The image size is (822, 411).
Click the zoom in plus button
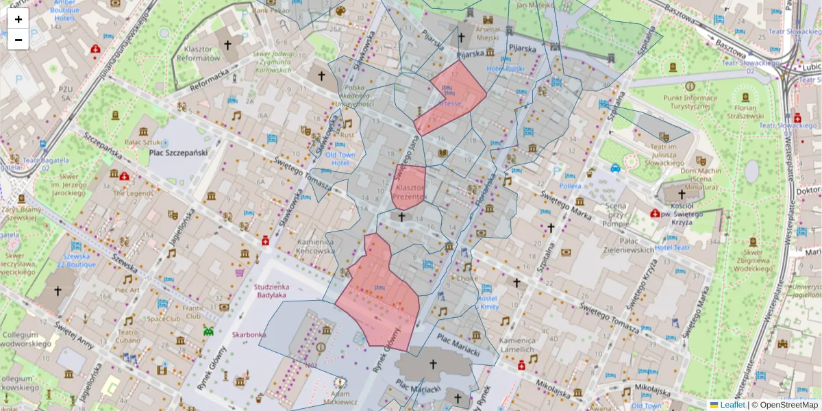(18, 19)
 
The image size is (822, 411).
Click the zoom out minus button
(18, 40)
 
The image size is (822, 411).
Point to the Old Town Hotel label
(340, 159)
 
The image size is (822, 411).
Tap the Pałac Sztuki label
(142, 142)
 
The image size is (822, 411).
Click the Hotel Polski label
(506, 69)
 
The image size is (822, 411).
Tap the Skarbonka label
(249, 335)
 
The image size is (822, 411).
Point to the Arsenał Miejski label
(488, 34)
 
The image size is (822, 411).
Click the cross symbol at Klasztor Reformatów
(227, 45)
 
